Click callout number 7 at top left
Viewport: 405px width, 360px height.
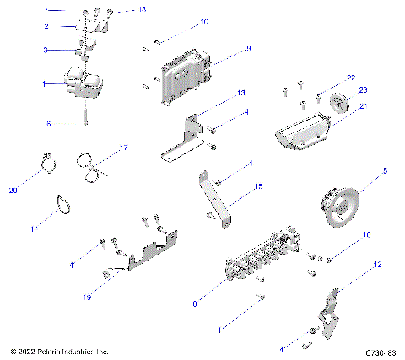[x=47, y=10]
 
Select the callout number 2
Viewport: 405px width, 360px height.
[x=47, y=26]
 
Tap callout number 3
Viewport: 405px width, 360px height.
[x=47, y=51]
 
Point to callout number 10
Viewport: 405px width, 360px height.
[x=204, y=20]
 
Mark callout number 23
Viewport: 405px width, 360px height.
[x=364, y=89]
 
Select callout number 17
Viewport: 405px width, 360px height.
[x=123, y=148]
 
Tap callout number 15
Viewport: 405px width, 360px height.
[x=259, y=185]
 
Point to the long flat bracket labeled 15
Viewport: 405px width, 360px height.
[x=216, y=198]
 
